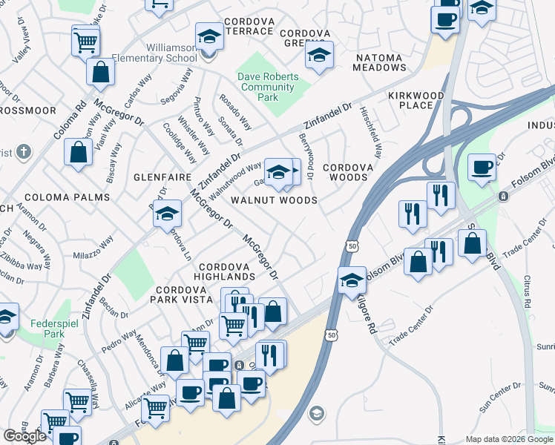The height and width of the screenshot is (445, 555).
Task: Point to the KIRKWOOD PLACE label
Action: click(416, 100)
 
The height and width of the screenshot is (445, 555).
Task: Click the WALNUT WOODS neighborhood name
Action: click(274, 200)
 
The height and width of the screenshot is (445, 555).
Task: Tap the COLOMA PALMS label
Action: click(67, 197)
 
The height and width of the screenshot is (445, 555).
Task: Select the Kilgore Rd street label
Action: click(367, 312)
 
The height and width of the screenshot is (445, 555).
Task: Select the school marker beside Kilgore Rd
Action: click(352, 281)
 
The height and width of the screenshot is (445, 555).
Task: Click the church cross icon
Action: click(23, 152)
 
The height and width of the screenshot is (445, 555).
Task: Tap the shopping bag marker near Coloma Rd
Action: click(78, 153)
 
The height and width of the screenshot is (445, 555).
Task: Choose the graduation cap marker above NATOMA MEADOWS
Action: click(319, 55)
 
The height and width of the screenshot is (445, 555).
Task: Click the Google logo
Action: click(25, 436)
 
